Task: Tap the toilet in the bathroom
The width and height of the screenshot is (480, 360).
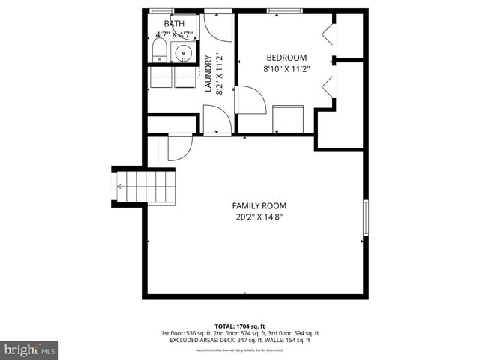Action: [159, 52]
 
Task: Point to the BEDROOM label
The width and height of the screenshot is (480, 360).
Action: [286, 58]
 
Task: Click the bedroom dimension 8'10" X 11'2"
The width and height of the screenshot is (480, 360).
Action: [286, 69]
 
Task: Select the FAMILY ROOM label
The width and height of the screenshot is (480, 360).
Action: [259, 206]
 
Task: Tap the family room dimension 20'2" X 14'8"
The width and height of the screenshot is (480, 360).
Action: [259, 217]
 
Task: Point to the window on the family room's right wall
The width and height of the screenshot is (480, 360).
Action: [366, 220]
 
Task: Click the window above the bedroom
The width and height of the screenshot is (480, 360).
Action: [286, 10]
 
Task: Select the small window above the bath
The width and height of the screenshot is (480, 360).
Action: [160, 10]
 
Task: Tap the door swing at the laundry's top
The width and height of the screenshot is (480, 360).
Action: [218, 27]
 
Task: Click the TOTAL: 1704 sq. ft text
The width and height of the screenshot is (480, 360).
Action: [240, 325]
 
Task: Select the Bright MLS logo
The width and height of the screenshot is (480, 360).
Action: [30, 349]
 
